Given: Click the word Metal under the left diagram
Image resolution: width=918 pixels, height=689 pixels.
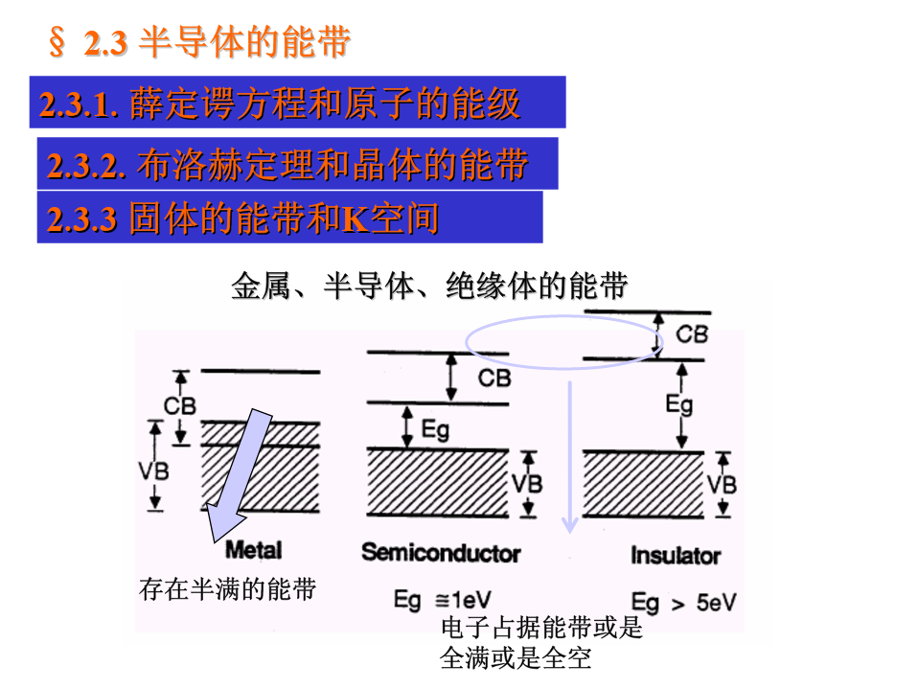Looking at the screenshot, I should coord(253,550).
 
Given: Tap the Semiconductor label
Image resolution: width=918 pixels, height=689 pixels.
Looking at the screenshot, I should coord(441,553).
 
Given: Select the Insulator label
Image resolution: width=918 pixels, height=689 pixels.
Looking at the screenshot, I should coord(676,555).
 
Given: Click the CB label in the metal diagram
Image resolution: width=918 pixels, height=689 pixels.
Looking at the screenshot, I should coord(179,405).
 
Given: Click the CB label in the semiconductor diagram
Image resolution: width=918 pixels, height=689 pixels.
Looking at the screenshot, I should coord(494,378).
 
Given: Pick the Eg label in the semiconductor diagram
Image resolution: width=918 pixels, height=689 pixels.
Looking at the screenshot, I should coord(435,428).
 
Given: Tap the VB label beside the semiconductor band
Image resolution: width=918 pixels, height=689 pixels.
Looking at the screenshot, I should coord(526,482).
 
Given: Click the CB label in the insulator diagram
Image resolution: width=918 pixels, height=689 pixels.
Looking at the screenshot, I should coord(691,334).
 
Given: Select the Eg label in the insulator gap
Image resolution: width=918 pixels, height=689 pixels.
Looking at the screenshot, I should coord(679,403).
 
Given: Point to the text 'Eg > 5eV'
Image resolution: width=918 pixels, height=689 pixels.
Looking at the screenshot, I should coord(683,602).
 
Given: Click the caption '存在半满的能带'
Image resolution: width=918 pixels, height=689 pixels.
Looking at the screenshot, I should coord(227,589).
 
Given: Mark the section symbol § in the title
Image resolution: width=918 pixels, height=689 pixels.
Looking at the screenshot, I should coord(57,42).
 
